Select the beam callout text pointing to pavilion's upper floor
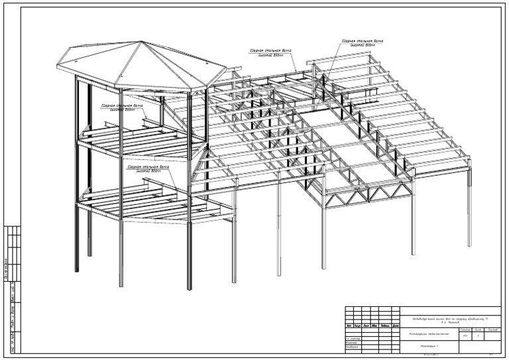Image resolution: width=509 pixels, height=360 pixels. point(121,107)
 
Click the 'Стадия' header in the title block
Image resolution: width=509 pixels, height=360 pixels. point(465,328)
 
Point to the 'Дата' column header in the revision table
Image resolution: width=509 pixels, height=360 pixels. point(395,326)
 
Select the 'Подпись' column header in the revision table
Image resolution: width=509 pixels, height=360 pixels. point(384,326)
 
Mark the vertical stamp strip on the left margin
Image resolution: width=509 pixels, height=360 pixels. point(13,289)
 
